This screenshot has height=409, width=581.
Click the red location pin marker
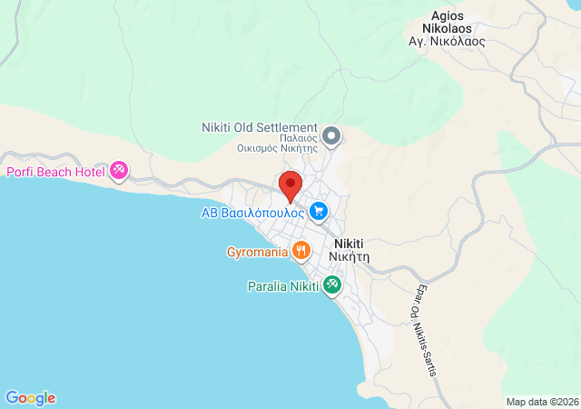coord(290,185)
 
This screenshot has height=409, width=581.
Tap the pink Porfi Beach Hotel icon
coord(120,170)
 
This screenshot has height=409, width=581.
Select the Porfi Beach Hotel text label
coord(55,171)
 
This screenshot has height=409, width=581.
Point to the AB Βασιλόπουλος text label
coord(252,214)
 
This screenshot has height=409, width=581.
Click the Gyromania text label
coord(258,251)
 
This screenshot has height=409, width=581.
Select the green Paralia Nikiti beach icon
coord(333,286)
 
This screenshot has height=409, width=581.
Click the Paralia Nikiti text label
coord(283,286)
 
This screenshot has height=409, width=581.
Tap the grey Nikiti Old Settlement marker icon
coord(331,137)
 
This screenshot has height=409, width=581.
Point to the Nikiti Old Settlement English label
coord(259,127)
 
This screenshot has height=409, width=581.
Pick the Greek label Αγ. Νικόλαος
coord(447,41)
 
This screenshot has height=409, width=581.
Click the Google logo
coord(30,398)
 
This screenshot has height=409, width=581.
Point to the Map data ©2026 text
coord(541,402)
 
